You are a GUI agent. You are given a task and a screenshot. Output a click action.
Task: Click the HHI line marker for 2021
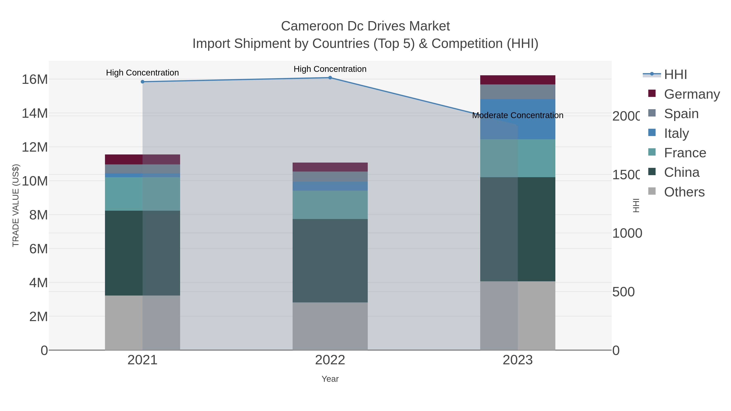coord(143,82)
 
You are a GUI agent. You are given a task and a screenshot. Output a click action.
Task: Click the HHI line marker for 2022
coord(330,78)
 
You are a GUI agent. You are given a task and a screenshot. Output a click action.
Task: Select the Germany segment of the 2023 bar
coord(518,80)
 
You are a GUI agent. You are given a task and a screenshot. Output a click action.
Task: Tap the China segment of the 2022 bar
coord(330,260)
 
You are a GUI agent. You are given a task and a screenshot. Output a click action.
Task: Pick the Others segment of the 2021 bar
coord(143,323)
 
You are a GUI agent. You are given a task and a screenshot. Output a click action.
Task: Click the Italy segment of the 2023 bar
coord(518,119)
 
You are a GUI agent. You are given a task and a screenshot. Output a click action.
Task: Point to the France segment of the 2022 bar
coord(330,205)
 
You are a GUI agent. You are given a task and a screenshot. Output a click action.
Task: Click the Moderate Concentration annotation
coord(518,115)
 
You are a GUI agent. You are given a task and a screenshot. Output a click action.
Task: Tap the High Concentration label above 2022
coord(330,69)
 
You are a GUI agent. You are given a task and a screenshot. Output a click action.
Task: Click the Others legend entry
coord(684,192)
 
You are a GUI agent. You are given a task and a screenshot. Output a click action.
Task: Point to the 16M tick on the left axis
coord(35,79)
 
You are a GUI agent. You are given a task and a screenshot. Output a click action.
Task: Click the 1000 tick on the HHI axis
coord(627,233)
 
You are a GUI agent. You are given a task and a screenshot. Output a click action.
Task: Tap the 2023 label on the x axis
coord(518,360)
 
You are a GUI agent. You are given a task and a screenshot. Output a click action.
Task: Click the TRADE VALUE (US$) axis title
coord(16,205)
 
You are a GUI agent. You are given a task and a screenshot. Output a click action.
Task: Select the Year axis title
coord(330,379)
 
